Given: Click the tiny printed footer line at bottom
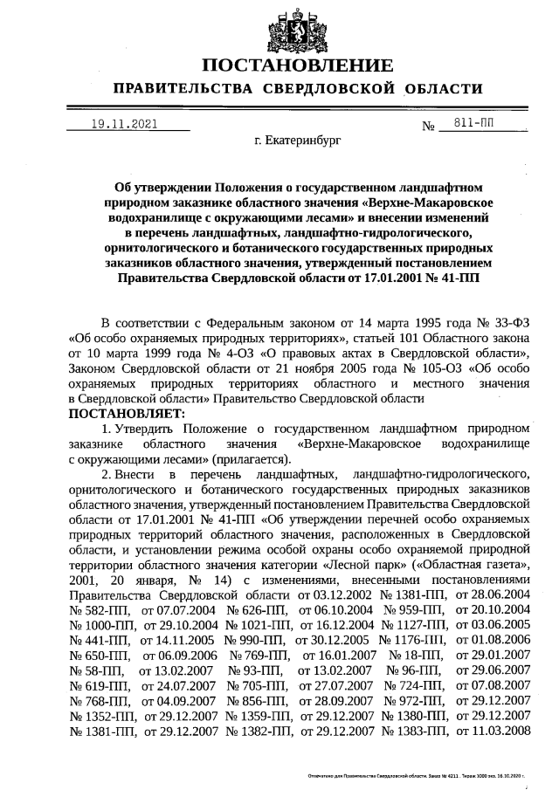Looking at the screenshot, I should click(x=420, y=774).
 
